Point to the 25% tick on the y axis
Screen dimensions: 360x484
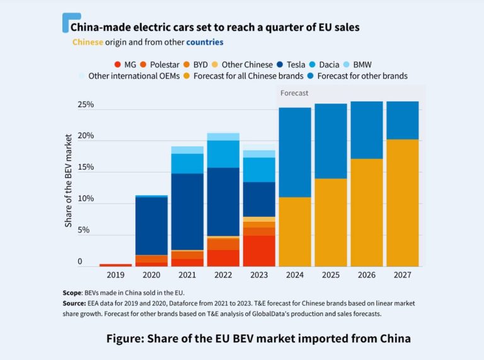[x=86, y=105]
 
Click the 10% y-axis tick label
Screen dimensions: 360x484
[x=86, y=199]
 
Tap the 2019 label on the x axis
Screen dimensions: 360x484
[x=116, y=275]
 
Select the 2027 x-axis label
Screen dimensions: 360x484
[x=402, y=275]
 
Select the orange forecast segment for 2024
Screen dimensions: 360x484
[x=295, y=231]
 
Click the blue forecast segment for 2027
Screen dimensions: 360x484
[x=402, y=120]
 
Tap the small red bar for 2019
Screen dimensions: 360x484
[x=116, y=265]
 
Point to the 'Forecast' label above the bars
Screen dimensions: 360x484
[x=294, y=93]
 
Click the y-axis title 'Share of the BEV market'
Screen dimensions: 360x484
[x=68, y=185]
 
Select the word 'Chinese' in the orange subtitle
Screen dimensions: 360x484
[x=92, y=42]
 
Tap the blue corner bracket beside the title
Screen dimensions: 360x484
[x=68, y=20]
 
